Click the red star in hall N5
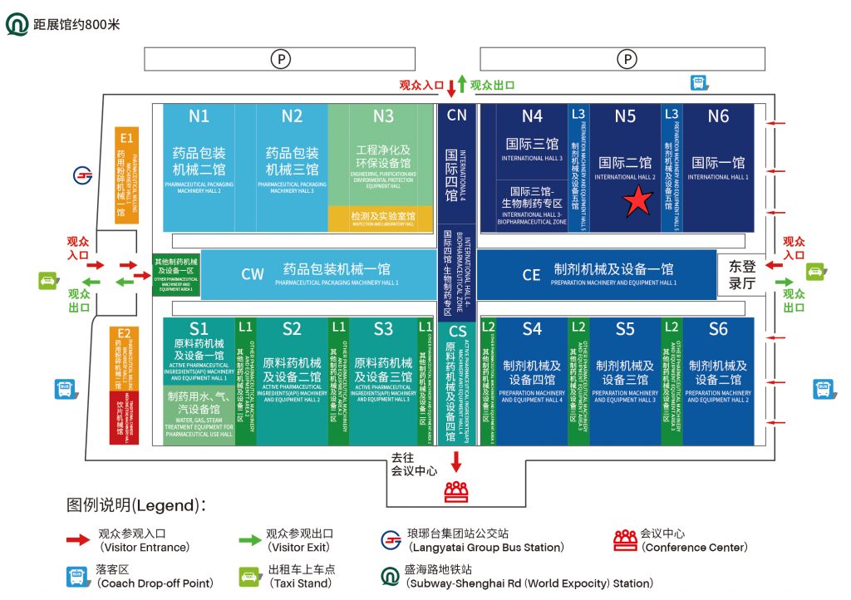click(637, 201)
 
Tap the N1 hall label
click(199, 116)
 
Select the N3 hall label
click(383, 116)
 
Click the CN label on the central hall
click(457, 115)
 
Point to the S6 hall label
click(718, 329)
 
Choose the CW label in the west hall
click(253, 274)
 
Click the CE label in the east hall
click(531, 274)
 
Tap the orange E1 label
click(126, 137)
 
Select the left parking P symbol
click(279, 59)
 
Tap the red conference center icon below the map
click(455, 492)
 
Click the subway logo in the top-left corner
click(17, 24)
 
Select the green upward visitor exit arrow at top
click(462, 85)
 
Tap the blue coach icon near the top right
click(699, 82)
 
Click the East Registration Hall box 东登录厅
click(741, 275)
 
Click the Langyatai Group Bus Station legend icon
click(390, 539)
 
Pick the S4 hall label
click(532, 329)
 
